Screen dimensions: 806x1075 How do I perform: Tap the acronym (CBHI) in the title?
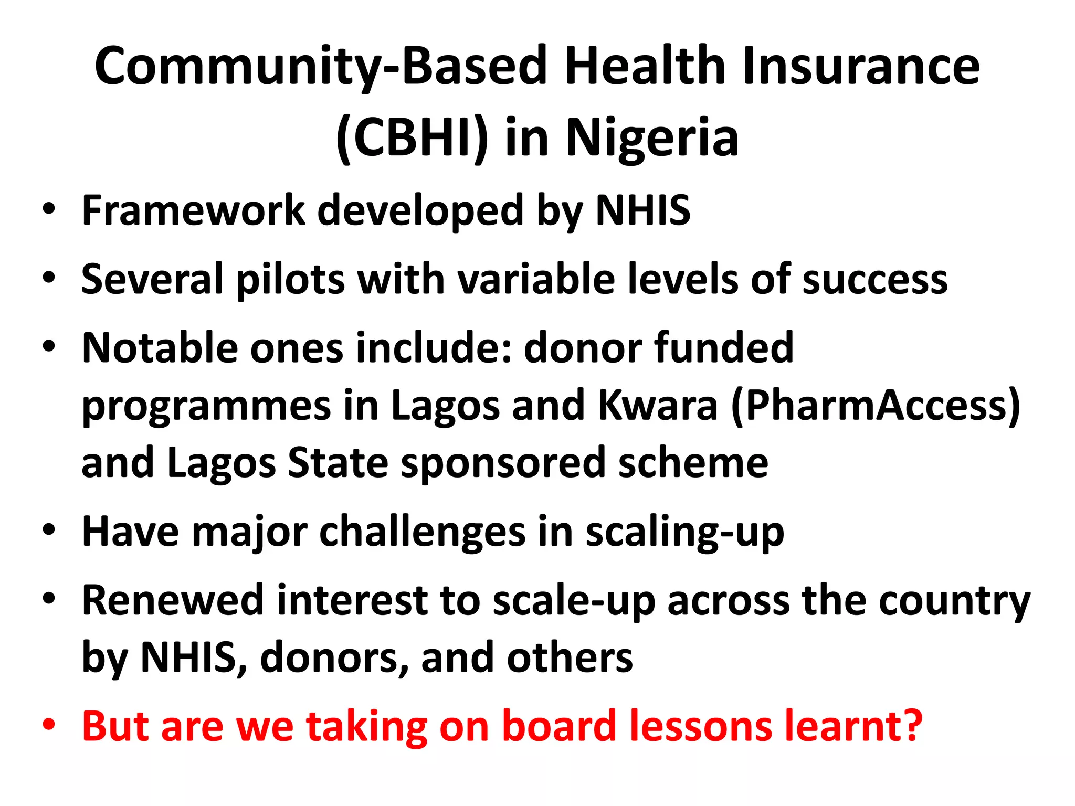pyautogui.click(x=412, y=137)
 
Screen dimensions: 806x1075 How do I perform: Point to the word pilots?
pyautogui.click(x=290, y=279)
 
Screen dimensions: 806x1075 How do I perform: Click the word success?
pyautogui.click(x=875, y=279)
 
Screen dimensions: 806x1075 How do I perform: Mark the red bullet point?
pyautogui.click(x=49, y=726)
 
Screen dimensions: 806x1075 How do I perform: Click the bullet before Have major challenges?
pyautogui.click(x=49, y=531)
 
